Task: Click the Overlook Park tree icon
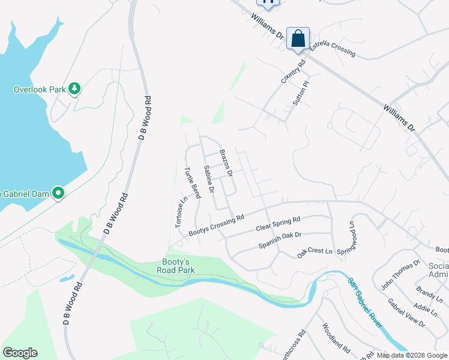coord(74,89)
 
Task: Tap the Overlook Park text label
coord(39,89)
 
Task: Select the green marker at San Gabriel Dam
coord(58,193)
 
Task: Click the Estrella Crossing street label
coord(333,49)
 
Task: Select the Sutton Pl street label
coord(300,94)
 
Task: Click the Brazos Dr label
coord(226,163)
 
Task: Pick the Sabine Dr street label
coord(209,179)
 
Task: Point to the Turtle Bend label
coord(192,182)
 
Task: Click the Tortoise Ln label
coord(179,212)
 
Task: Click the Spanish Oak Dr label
coord(280,240)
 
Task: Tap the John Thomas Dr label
coord(400,273)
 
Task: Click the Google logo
coord(20,353)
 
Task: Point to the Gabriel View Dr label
coord(406,313)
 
